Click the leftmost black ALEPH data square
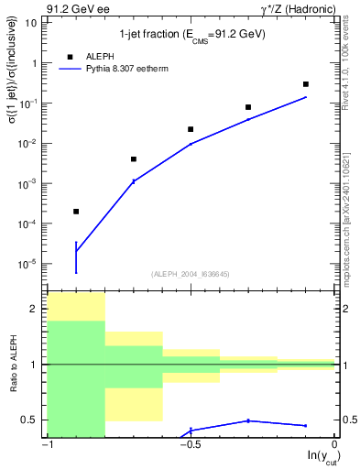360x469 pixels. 76,212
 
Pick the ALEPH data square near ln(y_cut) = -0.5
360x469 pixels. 191,129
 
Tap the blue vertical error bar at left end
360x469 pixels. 76,256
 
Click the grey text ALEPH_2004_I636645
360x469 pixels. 191,273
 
